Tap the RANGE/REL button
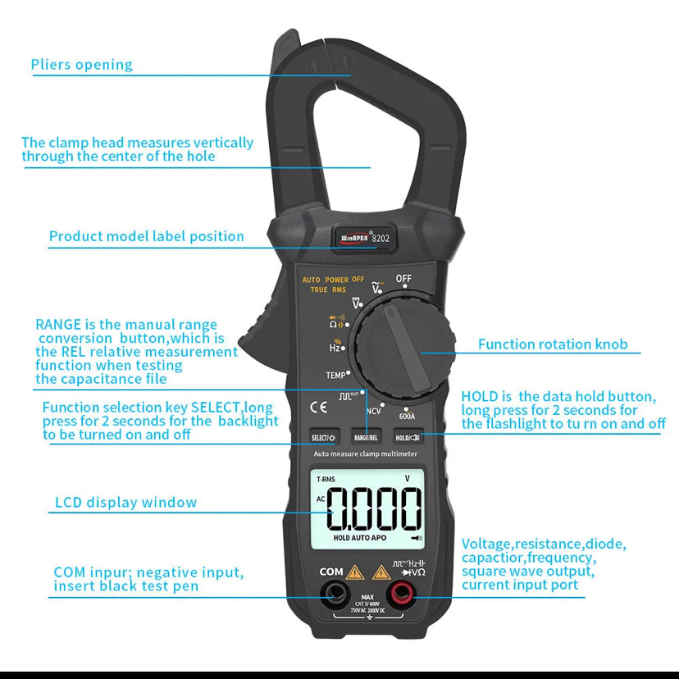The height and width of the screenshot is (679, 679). point(366,438)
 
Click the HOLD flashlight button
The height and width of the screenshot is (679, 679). point(408,438)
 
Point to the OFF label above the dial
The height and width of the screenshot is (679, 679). point(403,279)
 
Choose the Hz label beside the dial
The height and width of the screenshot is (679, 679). point(335,347)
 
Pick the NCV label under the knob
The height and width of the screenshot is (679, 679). point(374,411)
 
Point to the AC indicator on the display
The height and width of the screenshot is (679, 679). point(321,499)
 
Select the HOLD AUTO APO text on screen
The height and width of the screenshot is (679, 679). point(360,538)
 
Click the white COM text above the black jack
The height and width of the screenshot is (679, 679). point(330,572)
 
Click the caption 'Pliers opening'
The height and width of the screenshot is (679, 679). point(81,65)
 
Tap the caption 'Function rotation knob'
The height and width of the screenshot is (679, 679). point(553,344)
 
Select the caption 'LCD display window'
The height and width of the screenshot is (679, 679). point(125,503)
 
